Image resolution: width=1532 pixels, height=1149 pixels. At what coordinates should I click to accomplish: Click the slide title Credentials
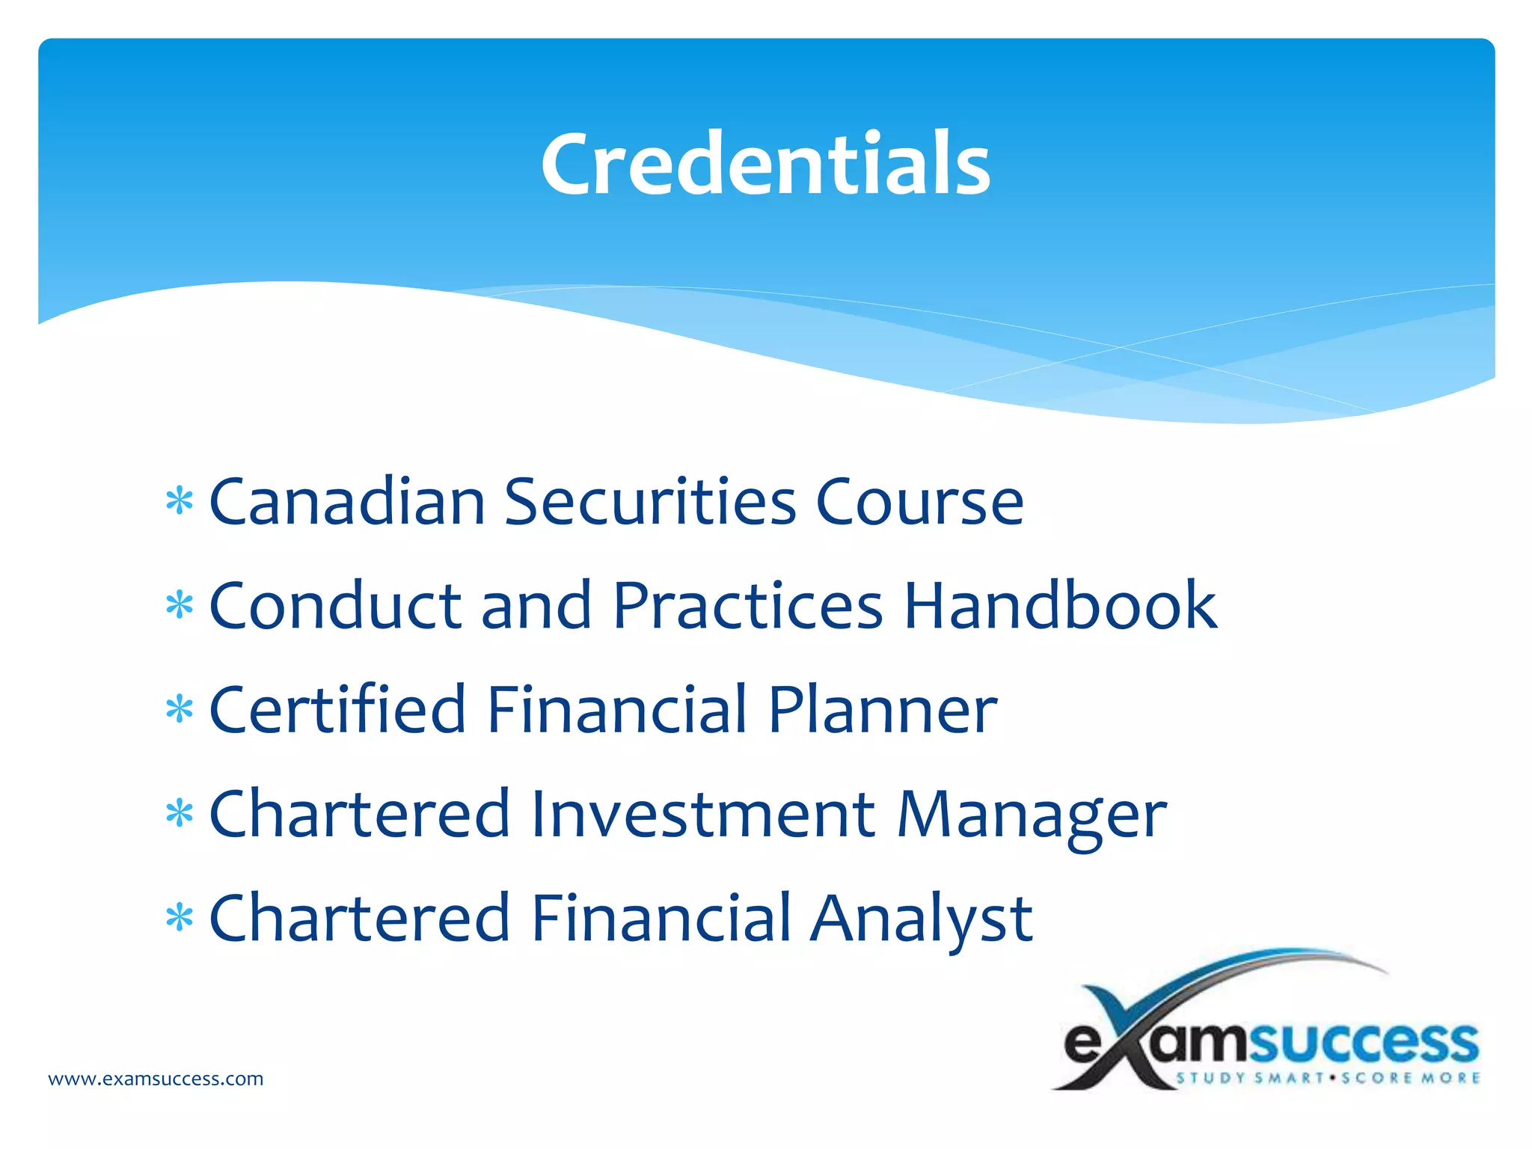point(765,163)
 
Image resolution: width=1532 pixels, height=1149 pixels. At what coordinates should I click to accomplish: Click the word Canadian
point(347,501)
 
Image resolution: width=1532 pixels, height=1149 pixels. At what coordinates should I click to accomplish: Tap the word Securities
point(650,501)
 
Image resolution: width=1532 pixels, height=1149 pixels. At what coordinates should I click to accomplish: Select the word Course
point(919,503)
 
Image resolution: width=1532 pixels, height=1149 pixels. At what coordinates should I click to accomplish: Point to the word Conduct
point(336,605)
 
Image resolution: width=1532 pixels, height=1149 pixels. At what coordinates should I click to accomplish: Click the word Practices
point(748,605)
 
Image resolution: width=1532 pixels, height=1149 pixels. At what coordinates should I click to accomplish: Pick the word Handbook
point(1061,605)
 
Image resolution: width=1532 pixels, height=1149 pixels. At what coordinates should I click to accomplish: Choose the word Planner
point(883,710)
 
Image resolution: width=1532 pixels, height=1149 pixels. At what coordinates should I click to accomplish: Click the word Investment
point(703,813)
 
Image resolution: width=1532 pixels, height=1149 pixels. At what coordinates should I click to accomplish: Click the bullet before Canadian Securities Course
point(180,502)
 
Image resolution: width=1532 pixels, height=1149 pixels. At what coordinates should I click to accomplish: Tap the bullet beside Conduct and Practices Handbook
point(180,606)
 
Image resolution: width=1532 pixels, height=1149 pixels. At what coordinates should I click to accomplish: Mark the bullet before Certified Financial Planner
point(180,709)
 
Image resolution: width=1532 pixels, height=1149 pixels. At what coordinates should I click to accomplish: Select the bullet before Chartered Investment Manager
point(180,813)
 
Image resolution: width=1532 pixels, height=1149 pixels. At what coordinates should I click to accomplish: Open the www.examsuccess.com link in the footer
point(156,1079)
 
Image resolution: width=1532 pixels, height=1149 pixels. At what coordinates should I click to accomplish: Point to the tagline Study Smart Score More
point(1329,1078)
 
